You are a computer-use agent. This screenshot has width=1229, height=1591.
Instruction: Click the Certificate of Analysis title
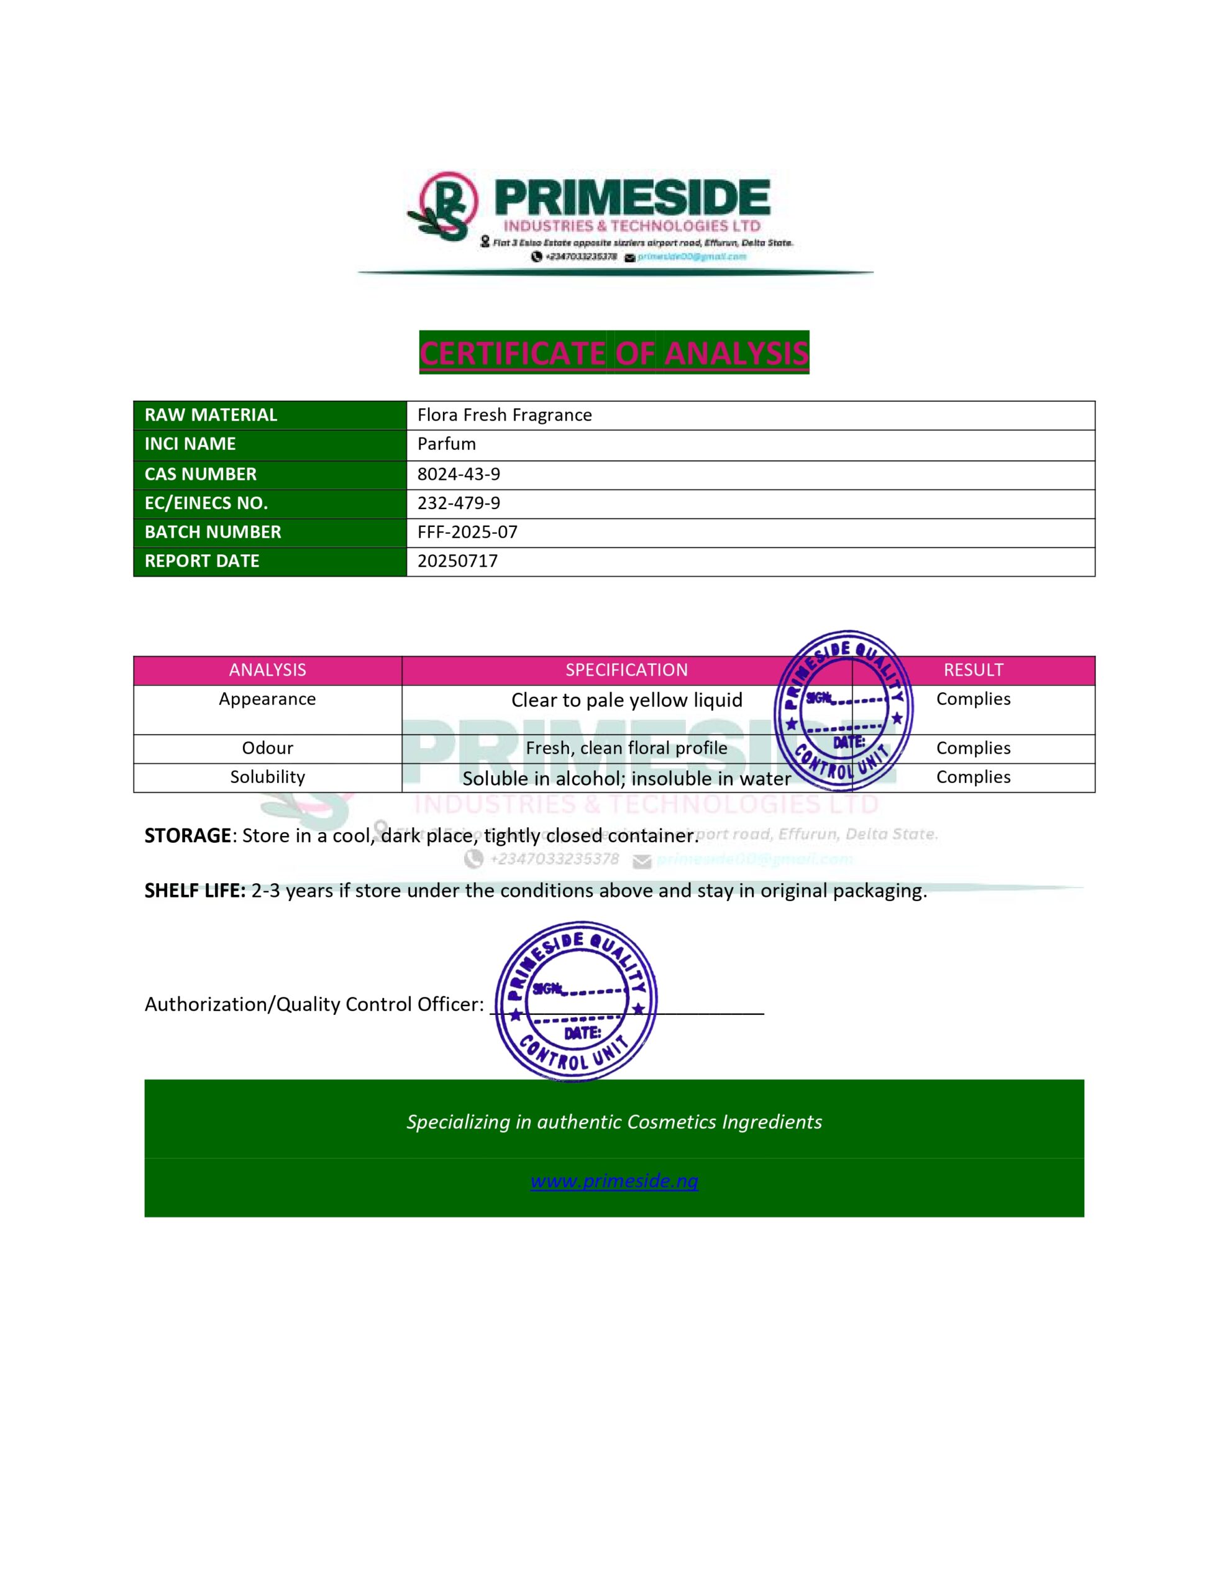tap(613, 353)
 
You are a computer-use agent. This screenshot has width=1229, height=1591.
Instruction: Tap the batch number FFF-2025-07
tap(467, 532)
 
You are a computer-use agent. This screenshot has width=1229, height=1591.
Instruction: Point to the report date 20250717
tap(457, 561)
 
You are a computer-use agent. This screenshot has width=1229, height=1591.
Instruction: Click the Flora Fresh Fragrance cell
tap(504, 415)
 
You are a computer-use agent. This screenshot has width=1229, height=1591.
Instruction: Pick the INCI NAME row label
tap(190, 444)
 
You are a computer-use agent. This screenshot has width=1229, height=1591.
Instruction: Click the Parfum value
tap(446, 444)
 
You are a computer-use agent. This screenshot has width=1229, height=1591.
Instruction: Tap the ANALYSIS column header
tap(267, 670)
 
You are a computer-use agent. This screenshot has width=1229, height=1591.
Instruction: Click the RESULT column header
tap(972, 670)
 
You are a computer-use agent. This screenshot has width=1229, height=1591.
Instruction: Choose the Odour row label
tap(267, 748)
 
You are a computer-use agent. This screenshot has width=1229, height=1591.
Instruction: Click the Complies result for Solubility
tap(972, 777)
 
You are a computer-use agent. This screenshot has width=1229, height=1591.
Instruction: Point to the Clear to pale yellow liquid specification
tap(626, 700)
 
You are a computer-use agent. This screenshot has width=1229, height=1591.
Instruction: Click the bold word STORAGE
tap(187, 835)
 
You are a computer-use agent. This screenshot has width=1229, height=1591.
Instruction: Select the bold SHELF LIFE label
tap(194, 891)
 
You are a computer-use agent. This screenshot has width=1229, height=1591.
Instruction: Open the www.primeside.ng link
tap(613, 1181)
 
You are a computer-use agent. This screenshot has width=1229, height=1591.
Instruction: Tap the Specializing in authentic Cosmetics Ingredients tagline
tap(613, 1122)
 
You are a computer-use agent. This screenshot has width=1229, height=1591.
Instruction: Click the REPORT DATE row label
tap(202, 561)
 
